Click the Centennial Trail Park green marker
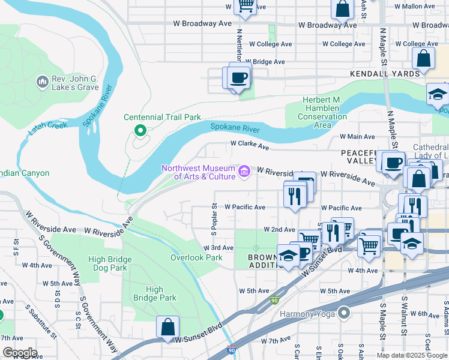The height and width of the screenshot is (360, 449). (x=140, y=129)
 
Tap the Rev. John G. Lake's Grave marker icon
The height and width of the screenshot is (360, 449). (x=42, y=81)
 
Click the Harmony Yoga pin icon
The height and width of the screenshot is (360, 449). (x=343, y=313)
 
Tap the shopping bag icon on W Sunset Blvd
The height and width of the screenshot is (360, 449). (x=168, y=327)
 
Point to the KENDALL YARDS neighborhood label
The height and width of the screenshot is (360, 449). (x=385, y=73)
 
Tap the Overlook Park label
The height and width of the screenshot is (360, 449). (x=196, y=257)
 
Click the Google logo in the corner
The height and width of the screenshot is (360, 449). (x=20, y=353)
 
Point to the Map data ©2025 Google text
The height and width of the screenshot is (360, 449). (x=412, y=355)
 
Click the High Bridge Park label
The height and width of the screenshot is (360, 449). (x=154, y=293)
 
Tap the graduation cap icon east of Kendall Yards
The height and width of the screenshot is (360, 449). (x=438, y=95)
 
